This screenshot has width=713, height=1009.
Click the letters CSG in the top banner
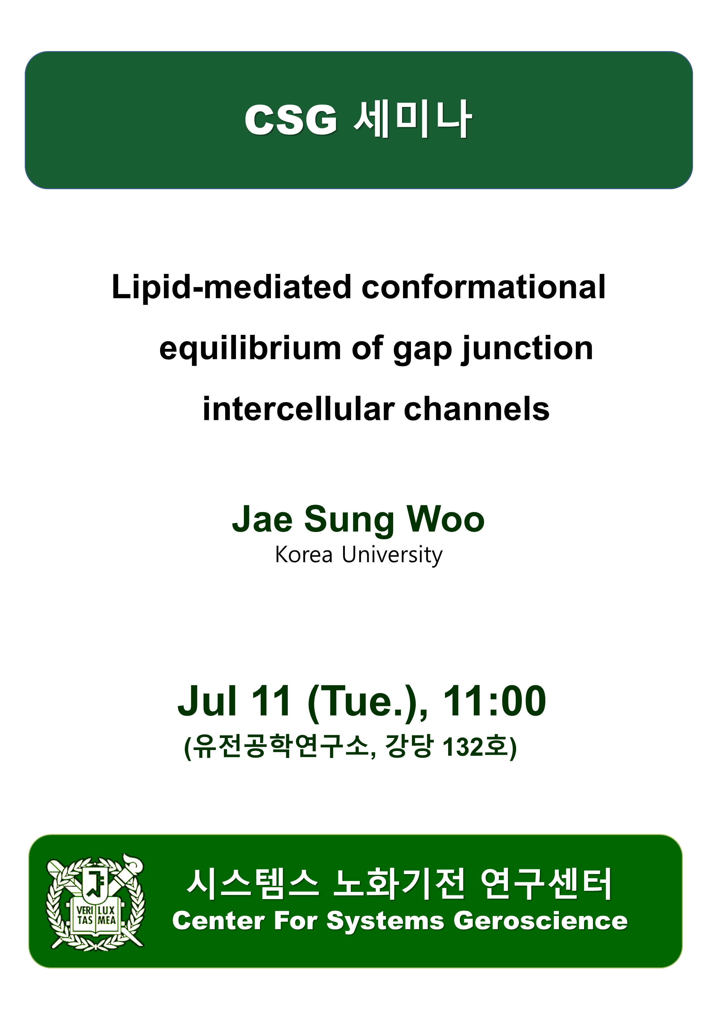[x=291, y=120]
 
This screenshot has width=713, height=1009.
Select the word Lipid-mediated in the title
[x=231, y=288]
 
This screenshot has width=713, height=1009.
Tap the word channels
[x=476, y=409]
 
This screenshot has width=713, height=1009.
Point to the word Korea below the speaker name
[x=304, y=554]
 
